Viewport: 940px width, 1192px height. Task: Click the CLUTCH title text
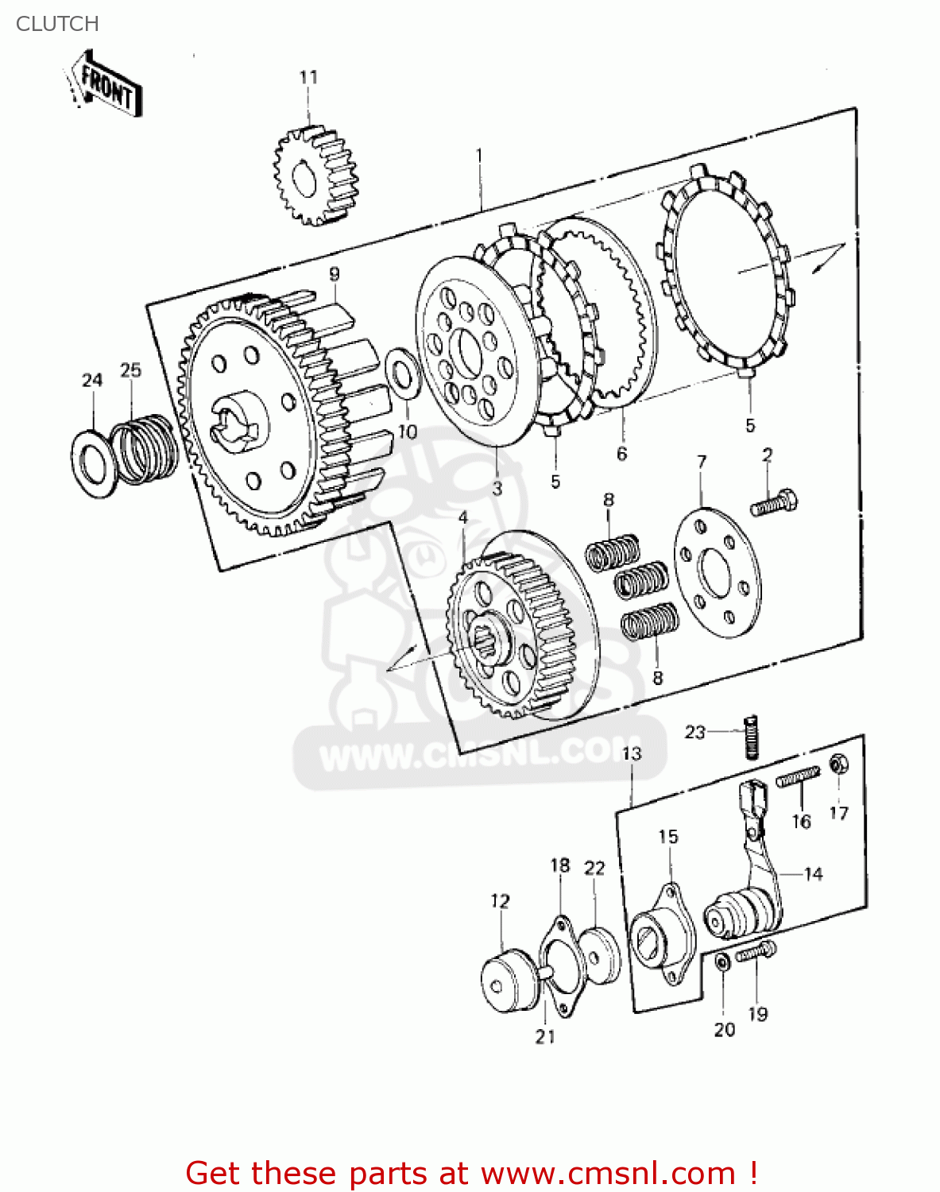tap(57, 24)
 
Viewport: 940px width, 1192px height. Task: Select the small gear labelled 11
tap(315, 176)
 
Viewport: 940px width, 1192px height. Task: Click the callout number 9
tap(335, 274)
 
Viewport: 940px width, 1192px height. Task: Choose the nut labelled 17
tap(837, 764)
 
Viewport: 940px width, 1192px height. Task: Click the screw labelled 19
tap(755, 951)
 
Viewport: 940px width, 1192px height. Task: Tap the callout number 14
tap(813, 874)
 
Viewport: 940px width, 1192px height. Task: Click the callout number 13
tap(631, 753)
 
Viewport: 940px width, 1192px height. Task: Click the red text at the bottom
tap(471, 1172)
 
